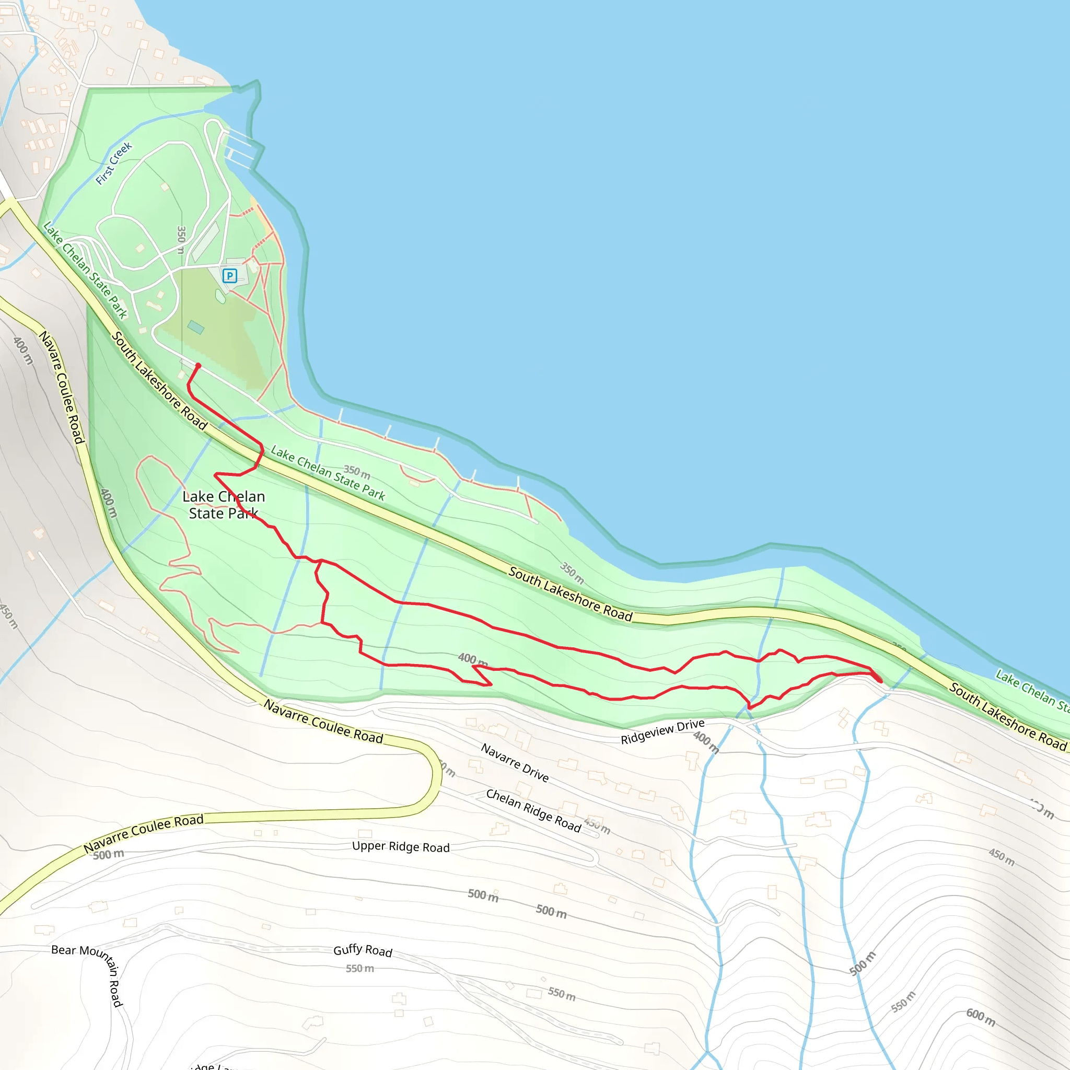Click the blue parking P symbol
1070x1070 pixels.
pyautogui.click(x=229, y=275)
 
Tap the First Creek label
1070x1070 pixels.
pyautogui.click(x=113, y=164)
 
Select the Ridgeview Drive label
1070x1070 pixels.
pyautogui.click(x=662, y=731)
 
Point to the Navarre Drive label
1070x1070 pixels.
pyautogui.click(x=515, y=763)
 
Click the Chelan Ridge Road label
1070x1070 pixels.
pyautogui.click(x=533, y=811)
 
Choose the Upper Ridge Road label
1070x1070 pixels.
pyautogui.click(x=400, y=847)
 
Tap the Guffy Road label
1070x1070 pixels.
pyautogui.click(x=363, y=950)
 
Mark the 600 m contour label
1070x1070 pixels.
pyautogui.click(x=980, y=1017)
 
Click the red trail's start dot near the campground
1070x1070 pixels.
pyautogui.click(x=197, y=366)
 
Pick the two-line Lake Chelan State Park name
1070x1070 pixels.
pyautogui.click(x=223, y=505)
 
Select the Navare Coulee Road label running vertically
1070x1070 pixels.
pyautogui.click(x=62, y=387)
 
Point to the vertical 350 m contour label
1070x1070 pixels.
pyautogui.click(x=181, y=239)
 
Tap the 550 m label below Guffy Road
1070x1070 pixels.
pyautogui.click(x=359, y=969)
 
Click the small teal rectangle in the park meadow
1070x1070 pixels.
pyautogui.click(x=195, y=327)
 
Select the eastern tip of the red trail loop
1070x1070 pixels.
pyautogui.click(x=880, y=680)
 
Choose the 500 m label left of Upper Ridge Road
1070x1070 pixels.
pyautogui.click(x=108, y=855)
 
